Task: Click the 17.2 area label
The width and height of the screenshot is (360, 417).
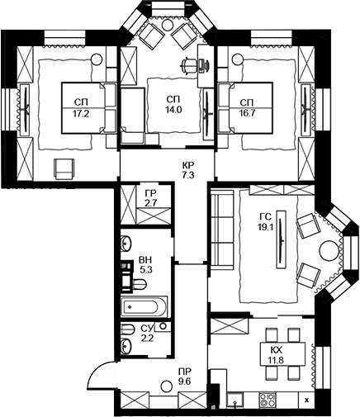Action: (x=81, y=114)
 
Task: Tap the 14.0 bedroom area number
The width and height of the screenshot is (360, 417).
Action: (x=174, y=110)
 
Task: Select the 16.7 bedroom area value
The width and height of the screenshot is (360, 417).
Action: (x=248, y=114)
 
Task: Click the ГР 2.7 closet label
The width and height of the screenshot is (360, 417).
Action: (x=152, y=198)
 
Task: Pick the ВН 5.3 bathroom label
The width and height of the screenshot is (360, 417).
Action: (x=145, y=265)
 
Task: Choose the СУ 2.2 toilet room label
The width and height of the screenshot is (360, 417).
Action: (x=146, y=333)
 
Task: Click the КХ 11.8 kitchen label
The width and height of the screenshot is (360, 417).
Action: (x=276, y=355)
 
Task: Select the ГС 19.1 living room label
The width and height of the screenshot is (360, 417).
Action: (x=265, y=222)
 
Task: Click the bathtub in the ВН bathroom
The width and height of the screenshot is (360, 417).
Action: (x=144, y=306)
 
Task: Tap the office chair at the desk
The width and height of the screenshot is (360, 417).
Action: (x=189, y=65)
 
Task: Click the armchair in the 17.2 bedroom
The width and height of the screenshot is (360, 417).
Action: (x=64, y=169)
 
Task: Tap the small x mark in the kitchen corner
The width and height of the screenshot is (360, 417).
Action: (x=307, y=400)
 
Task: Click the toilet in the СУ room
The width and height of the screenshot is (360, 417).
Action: (x=126, y=329)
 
